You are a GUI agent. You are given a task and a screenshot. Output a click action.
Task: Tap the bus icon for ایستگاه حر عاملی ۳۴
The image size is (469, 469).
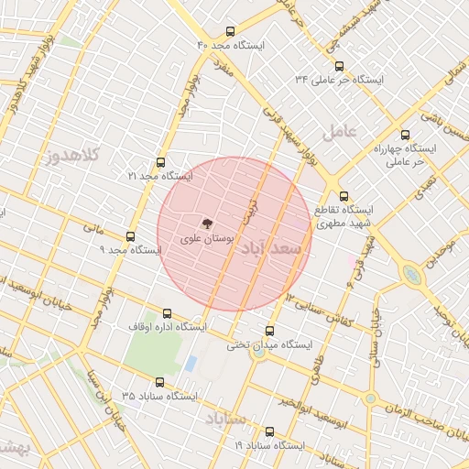click(340, 66)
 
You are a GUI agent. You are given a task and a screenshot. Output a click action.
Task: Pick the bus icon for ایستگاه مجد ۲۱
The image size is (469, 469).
click(161, 161)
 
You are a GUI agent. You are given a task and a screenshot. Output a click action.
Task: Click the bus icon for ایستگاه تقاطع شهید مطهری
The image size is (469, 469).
click(344, 196)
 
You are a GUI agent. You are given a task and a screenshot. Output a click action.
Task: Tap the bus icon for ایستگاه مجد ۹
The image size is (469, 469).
click(130, 236)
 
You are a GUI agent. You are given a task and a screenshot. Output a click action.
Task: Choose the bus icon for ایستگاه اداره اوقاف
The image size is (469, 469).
click(167, 313)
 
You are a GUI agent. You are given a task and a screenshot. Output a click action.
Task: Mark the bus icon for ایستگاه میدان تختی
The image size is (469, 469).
click(269, 331)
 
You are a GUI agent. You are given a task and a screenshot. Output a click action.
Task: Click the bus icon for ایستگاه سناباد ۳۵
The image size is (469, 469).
click(161, 382)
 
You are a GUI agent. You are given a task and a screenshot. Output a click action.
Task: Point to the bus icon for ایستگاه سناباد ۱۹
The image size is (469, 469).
click(269, 431)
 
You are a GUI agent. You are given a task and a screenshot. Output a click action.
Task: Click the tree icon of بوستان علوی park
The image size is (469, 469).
click(207, 223)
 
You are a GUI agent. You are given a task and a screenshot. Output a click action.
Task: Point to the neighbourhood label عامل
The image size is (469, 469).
click(340, 131)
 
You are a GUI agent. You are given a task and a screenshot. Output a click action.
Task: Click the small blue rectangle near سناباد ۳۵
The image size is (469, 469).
click(191, 364)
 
